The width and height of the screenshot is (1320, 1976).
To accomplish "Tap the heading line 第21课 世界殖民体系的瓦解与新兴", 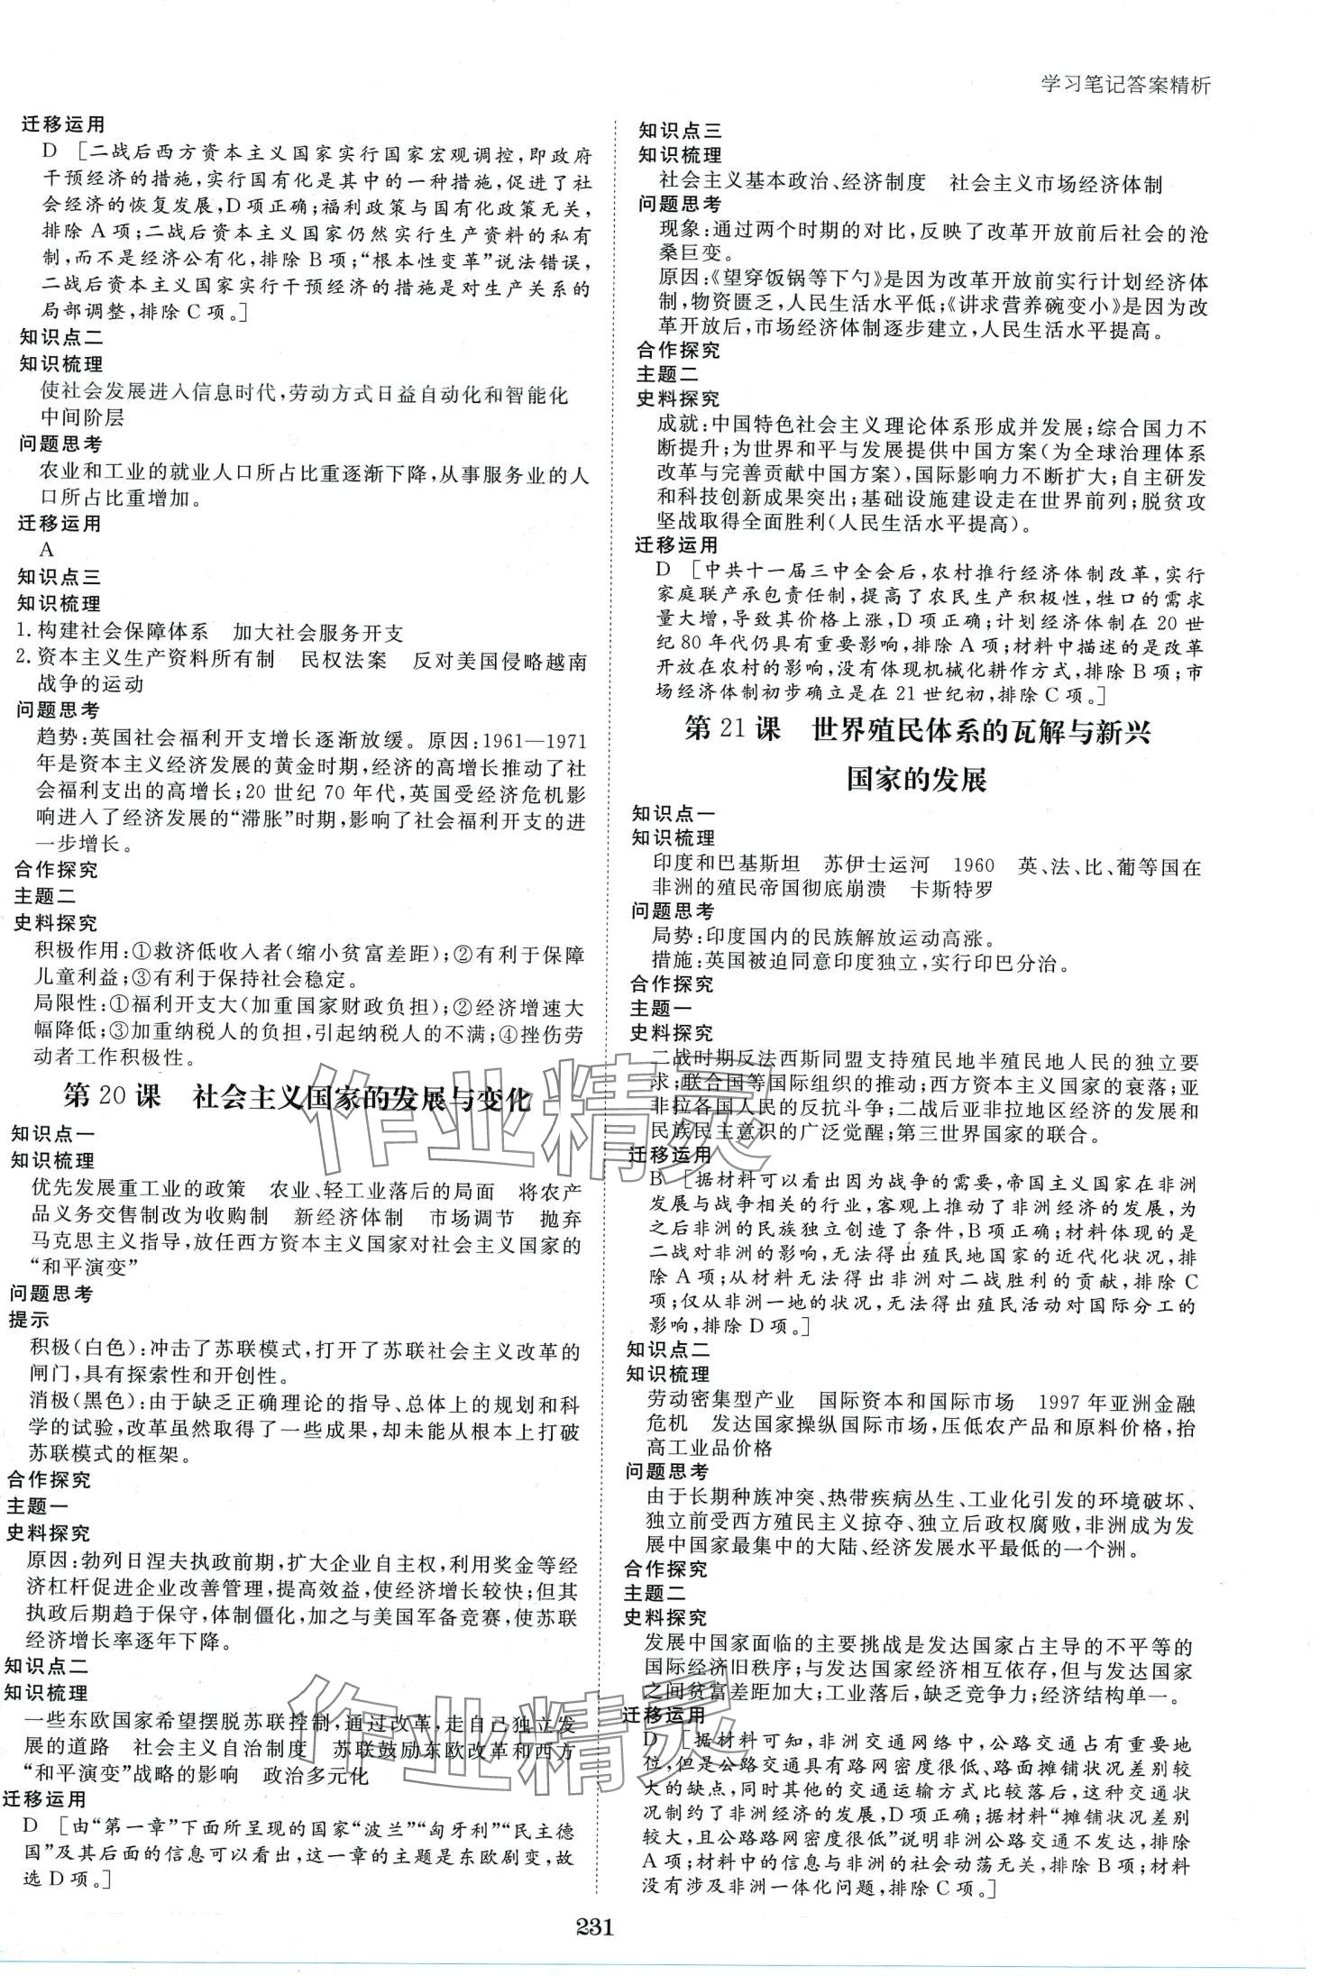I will point(918,731).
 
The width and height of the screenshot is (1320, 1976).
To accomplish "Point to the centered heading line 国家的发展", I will point(917,778).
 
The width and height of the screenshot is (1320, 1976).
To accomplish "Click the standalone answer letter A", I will point(47,549).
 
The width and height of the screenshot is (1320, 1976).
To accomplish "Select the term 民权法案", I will point(344,660).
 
